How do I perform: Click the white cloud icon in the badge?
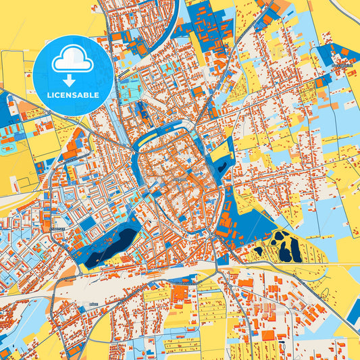(x=73, y=61)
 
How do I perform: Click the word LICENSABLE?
(x=72, y=95)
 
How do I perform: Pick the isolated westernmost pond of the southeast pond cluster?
(x=258, y=251)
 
